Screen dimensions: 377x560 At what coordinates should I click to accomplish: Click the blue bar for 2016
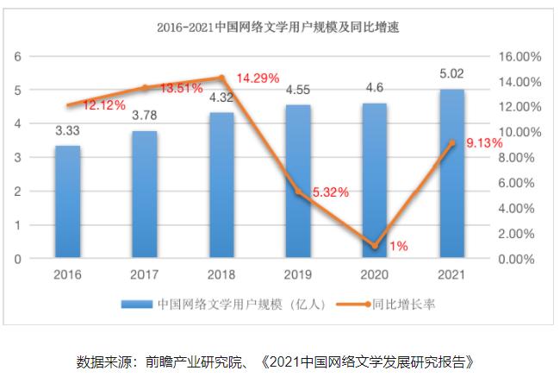pyautogui.click(x=67, y=202)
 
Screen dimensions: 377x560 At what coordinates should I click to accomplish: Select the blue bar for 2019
pyautogui.click(x=297, y=181)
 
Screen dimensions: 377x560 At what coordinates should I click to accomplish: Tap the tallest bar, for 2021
pyautogui.click(x=451, y=173)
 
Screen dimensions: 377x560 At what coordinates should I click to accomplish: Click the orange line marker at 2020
pyautogui.click(x=374, y=246)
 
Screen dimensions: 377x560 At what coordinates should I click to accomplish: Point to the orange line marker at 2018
pyautogui.click(x=221, y=78)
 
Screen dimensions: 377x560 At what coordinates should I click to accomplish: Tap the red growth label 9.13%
pyautogui.click(x=482, y=143)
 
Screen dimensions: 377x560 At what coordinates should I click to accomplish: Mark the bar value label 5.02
pyautogui.click(x=451, y=74)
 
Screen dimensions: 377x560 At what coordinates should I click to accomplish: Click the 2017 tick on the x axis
pyautogui.click(x=144, y=273)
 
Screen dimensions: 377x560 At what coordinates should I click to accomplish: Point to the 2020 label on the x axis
pyautogui.click(x=374, y=273)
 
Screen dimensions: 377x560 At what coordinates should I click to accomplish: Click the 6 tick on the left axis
pyautogui.click(x=17, y=56)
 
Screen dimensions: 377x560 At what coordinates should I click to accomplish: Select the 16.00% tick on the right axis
pyautogui.click(x=520, y=56)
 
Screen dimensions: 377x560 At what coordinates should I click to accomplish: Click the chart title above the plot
pyautogui.click(x=278, y=28)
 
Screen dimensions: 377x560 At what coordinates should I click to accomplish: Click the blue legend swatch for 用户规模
pyautogui.click(x=138, y=305)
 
